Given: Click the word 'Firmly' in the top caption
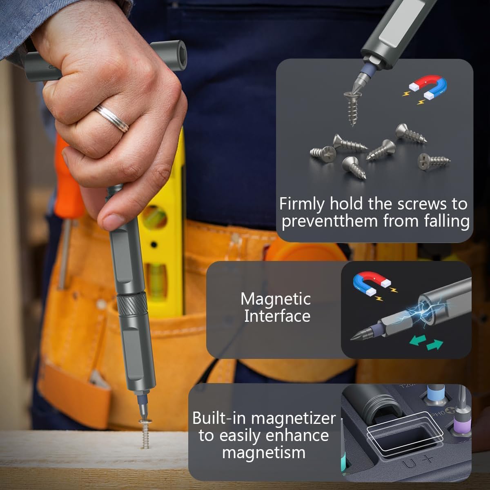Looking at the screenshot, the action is pyautogui.click(x=302, y=204).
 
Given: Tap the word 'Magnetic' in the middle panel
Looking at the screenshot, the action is pyautogui.click(x=276, y=299).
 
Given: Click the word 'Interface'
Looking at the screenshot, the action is pyautogui.click(x=277, y=316).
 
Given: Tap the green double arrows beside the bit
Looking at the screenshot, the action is pyautogui.click(x=426, y=342).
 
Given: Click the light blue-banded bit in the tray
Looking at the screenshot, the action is pyautogui.click(x=435, y=394).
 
